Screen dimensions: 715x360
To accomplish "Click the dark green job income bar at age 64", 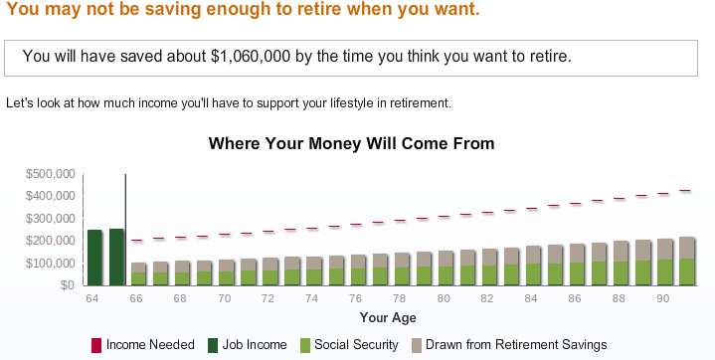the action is click(94, 258).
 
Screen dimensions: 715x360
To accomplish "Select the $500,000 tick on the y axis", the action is click(50, 174).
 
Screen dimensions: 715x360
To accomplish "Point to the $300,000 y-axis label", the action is click(50, 219).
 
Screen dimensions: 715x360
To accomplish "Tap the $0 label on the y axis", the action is click(68, 285).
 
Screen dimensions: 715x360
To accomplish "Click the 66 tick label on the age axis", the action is click(136, 298).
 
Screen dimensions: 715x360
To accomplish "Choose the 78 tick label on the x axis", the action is click(399, 298).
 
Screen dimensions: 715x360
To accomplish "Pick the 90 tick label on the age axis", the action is click(662, 298).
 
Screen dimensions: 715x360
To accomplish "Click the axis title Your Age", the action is click(388, 317).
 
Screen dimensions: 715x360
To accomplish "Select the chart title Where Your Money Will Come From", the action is click(352, 143).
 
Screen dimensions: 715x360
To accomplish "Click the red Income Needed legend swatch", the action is click(96, 345).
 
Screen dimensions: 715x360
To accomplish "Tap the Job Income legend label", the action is click(255, 344).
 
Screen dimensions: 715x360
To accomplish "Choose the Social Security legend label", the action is click(356, 344).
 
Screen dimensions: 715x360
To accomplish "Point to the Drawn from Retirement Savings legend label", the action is click(516, 344).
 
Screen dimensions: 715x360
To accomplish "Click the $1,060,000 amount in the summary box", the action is click(251, 56).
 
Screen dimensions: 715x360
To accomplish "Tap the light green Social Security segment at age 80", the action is click(443, 275).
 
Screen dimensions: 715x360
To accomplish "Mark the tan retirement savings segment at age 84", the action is click(531, 255).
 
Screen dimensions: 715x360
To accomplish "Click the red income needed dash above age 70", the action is click(224, 234).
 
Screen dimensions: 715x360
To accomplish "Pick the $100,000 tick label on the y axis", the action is click(50, 264).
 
